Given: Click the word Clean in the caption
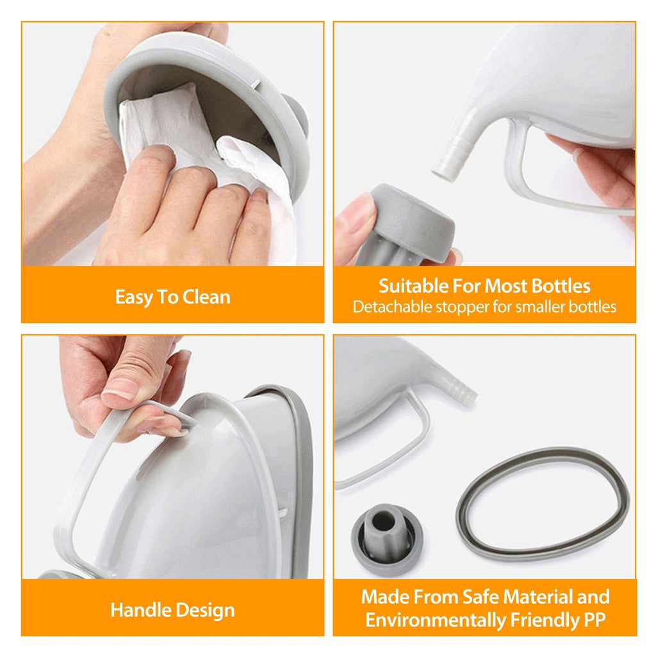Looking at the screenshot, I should coord(206,297).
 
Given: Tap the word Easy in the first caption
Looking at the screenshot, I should coord(131,297).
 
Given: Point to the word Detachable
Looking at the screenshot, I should coord(391,307).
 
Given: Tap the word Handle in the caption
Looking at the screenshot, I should coord(137,610).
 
